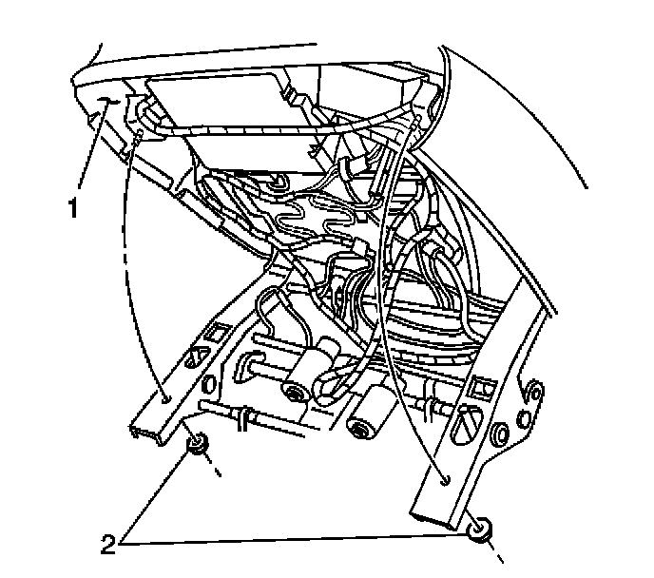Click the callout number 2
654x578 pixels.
[109, 545]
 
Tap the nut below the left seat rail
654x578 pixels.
[198, 443]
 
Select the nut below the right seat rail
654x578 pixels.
[483, 529]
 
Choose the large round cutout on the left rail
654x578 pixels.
[197, 359]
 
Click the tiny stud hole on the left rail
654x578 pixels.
[164, 401]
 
